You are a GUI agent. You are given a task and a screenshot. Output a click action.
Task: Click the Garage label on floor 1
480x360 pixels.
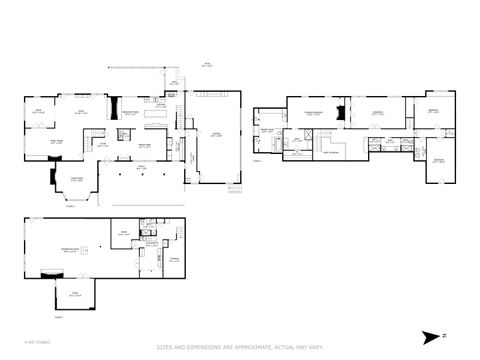coord(215,133)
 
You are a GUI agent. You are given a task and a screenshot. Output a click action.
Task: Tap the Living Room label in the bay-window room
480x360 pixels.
coord(76,180)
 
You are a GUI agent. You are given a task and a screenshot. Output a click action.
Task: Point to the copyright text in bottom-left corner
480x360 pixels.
coord(38,341)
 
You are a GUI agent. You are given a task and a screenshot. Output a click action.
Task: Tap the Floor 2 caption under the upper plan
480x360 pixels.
coord(257,160)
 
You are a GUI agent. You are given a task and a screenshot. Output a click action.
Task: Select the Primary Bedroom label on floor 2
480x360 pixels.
coord(313,114)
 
